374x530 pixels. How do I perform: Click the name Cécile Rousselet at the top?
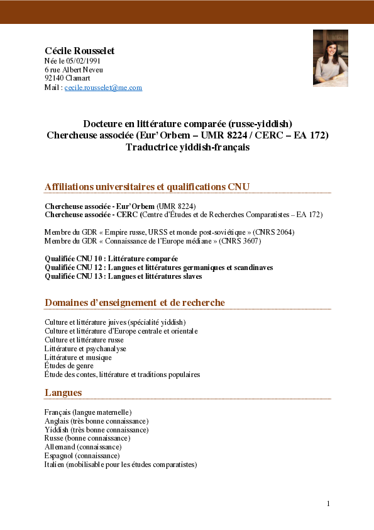79,50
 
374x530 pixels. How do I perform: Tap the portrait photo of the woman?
330,58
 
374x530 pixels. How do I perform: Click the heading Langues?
63,393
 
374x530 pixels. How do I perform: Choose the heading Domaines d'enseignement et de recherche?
135,303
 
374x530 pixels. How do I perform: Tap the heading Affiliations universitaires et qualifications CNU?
147,187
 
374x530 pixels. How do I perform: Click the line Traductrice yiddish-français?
187,147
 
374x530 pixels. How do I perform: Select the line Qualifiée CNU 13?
123,276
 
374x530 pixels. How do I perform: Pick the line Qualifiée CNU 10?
111,259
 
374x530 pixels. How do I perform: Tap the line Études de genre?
69,366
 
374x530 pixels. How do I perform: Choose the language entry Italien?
121,465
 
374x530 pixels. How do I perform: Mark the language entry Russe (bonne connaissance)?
87,438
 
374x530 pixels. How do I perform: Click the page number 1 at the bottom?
327,504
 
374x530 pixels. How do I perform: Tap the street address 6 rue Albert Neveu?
74,70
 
